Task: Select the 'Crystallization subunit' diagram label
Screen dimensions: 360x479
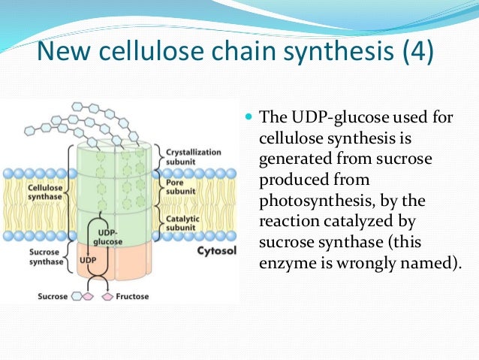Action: [192, 157]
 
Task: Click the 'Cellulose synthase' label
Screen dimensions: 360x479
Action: [43, 192]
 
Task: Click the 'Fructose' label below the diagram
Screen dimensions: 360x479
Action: [132, 297]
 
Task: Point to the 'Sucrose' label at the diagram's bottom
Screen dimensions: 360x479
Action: [53, 297]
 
